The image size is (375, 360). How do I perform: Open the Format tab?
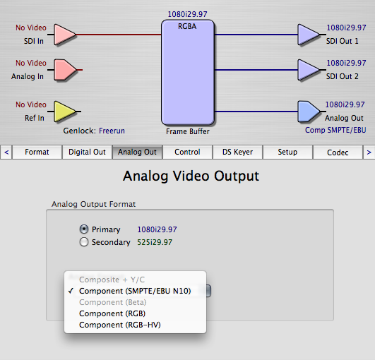(37, 152)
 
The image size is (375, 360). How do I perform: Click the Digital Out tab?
(87, 152)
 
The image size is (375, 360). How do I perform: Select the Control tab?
(187, 152)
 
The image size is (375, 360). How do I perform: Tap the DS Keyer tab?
(237, 152)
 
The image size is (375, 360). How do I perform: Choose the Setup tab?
(287, 152)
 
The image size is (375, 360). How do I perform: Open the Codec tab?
(338, 152)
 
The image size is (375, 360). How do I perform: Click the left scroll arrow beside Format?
(6, 152)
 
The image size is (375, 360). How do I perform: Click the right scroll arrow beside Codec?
(369, 152)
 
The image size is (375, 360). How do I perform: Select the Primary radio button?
(84, 229)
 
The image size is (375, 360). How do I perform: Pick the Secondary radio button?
(84, 242)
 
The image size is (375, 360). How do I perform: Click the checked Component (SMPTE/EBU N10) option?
(135, 291)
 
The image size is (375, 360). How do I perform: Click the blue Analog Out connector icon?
(309, 112)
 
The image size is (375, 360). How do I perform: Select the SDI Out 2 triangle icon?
(309, 70)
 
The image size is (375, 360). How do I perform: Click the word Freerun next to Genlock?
(112, 131)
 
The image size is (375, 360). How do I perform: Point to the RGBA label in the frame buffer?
(187, 26)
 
